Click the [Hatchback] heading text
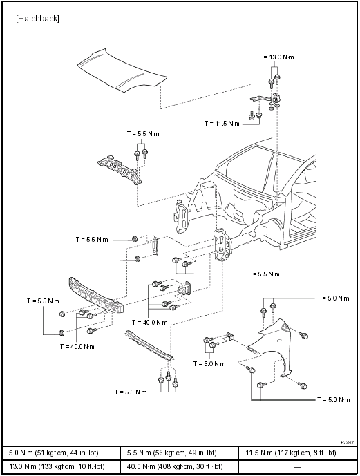click(x=37, y=19)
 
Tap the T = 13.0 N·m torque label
click(x=276, y=57)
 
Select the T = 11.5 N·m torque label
click(x=222, y=123)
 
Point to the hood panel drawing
click(x=122, y=70)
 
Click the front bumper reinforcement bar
click(x=97, y=295)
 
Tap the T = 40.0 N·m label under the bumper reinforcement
click(x=77, y=346)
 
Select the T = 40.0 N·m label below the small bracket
click(x=150, y=322)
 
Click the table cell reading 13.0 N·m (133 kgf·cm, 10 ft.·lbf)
click(x=61, y=466)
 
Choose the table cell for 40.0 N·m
click(x=180, y=466)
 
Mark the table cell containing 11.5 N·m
click(x=298, y=453)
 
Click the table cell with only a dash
click(x=298, y=466)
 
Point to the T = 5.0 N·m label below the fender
click(x=333, y=399)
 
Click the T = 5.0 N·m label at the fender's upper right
click(x=333, y=298)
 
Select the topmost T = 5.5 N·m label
click(x=143, y=134)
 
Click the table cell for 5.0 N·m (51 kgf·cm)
click(x=61, y=453)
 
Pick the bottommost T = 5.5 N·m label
click(x=131, y=392)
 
